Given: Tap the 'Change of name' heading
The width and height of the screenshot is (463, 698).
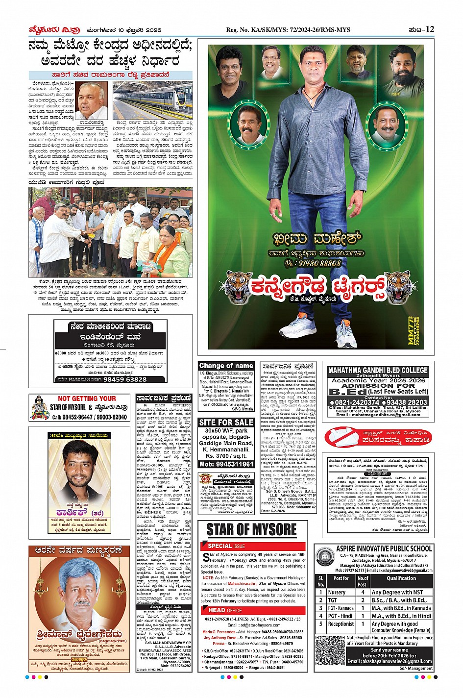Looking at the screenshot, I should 226,366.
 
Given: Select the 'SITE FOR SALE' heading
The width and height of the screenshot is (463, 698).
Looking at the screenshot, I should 226,422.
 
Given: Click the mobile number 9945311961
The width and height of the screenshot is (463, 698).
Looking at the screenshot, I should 226,464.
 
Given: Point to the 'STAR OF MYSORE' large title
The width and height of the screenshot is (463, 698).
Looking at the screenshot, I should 251,530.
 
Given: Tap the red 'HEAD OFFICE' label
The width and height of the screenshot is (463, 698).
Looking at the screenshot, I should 225,610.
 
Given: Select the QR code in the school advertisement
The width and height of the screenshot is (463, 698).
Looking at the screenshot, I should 330,650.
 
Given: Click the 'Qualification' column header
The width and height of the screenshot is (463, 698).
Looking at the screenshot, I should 401,578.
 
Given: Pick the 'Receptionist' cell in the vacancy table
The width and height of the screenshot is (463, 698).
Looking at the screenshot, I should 341,624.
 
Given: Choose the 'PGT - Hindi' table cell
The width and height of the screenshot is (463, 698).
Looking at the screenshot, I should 341,616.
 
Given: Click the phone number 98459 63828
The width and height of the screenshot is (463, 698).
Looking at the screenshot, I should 124,379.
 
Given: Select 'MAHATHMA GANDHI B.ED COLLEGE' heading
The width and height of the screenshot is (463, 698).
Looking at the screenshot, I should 378,370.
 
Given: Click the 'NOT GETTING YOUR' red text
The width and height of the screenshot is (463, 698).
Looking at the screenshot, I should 87,399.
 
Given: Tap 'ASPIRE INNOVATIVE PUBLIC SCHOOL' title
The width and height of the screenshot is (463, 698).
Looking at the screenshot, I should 384,548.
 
